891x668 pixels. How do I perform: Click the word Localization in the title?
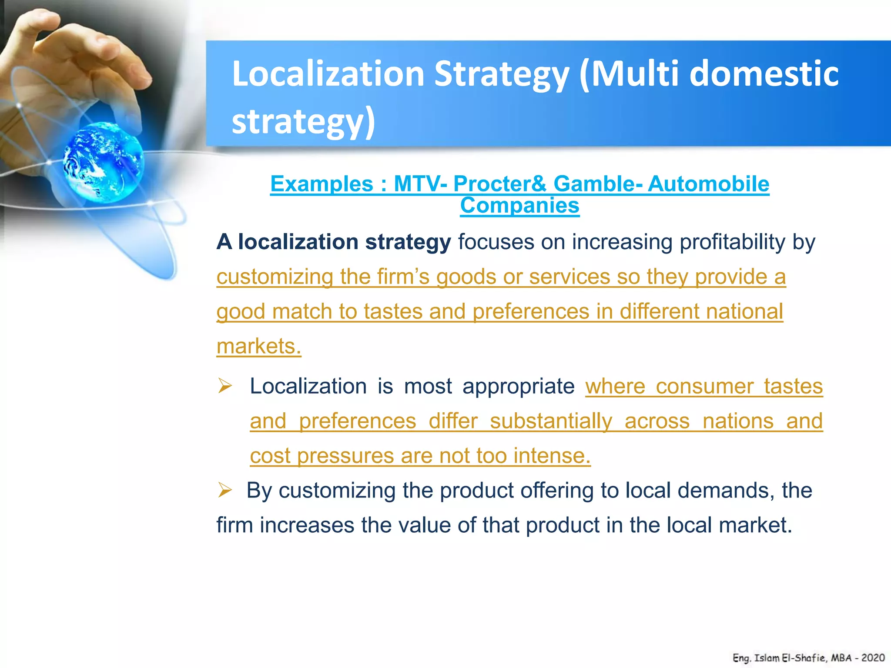point(328,73)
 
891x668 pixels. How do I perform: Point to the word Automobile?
point(708,184)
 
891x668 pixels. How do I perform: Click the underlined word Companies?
point(519,205)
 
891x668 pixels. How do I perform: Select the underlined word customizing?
point(275,277)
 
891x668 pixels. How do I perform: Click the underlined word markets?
point(258,347)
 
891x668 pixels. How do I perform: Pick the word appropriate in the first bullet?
point(518,386)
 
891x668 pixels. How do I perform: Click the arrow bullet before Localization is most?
point(225,386)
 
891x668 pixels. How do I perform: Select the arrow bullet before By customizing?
point(225,490)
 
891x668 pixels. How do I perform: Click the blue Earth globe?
point(103,162)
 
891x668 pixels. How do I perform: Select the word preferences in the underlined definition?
point(531,312)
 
